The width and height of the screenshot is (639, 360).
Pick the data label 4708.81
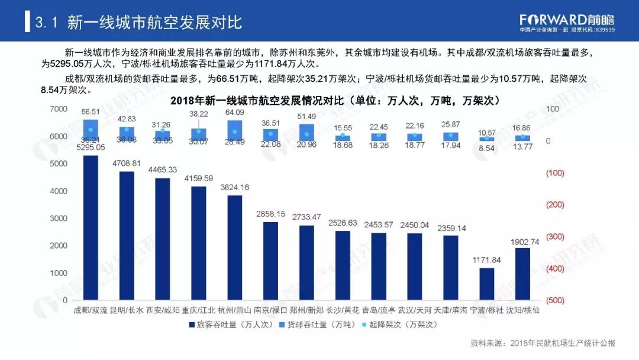pyautogui.click(x=127, y=163)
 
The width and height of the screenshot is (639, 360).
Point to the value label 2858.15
pyautogui.click(x=270, y=213)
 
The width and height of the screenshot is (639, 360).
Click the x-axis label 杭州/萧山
pyautogui.click(x=235, y=310)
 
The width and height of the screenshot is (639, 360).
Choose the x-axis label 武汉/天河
pyautogui.click(x=415, y=310)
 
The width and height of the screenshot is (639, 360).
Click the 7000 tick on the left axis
pyautogui.click(x=59, y=110)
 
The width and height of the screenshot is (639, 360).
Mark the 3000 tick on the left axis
pyautogui.click(x=59, y=218)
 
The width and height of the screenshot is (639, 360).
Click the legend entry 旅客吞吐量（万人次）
pyautogui.click(x=231, y=324)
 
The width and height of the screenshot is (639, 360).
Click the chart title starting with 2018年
pyautogui.click(x=335, y=101)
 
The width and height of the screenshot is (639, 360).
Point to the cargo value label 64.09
pyautogui.click(x=235, y=112)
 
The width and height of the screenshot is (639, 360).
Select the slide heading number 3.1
pyautogui.click(x=46, y=23)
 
